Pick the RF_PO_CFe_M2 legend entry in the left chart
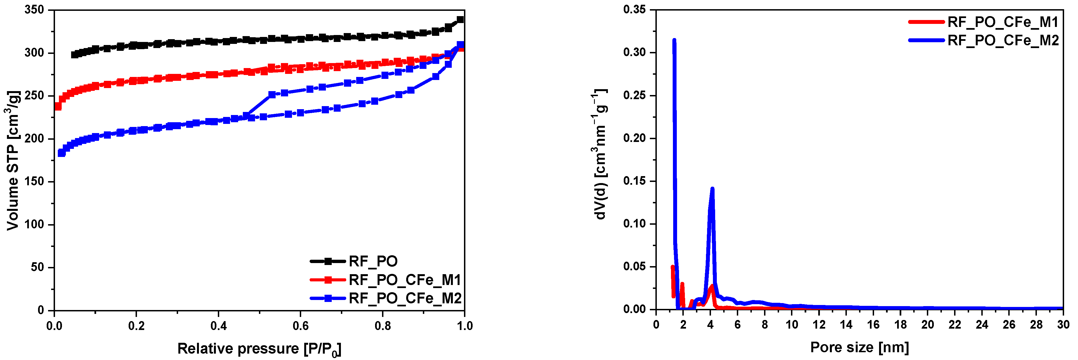[405, 298]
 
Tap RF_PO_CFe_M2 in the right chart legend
[1003, 40]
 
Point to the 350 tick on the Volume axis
[34, 10]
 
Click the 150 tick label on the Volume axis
[34, 181]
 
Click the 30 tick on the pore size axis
[1063, 325]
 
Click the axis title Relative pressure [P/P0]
[259, 349]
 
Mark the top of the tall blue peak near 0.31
[674, 40]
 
